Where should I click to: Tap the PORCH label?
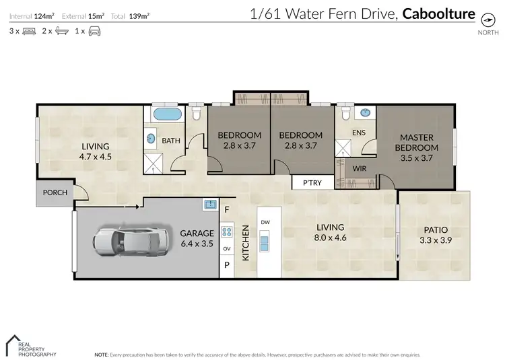[55, 192]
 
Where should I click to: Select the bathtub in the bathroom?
[167, 114]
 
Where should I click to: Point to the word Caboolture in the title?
[438, 13]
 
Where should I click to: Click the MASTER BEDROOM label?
[416, 147]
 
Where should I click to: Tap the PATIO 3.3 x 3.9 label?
[434, 235]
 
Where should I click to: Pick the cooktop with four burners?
[227, 233]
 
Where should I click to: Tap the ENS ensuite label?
[359, 133]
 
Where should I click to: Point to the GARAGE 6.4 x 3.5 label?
[197, 238]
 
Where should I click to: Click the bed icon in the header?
[29, 31]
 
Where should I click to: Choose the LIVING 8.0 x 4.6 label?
[331, 232]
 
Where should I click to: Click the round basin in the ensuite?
[366, 114]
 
